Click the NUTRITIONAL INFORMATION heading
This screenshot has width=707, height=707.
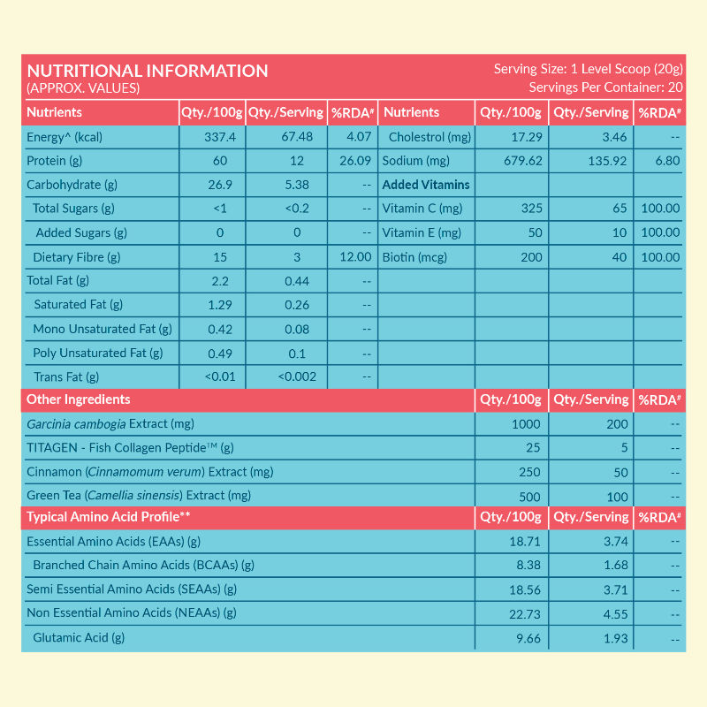pos(148,72)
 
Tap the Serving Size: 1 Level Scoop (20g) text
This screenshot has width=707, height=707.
pos(587,69)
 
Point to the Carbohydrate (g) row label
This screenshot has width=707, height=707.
pos(72,185)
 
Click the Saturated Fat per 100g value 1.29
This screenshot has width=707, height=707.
pos(220,305)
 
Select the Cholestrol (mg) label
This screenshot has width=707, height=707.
pos(430,137)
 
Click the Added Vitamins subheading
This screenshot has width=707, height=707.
pos(426,185)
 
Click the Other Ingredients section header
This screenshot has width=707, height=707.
pos(79,399)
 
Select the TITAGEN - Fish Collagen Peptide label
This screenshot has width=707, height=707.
pos(129,448)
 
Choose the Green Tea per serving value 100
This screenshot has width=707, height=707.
pos(618,497)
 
